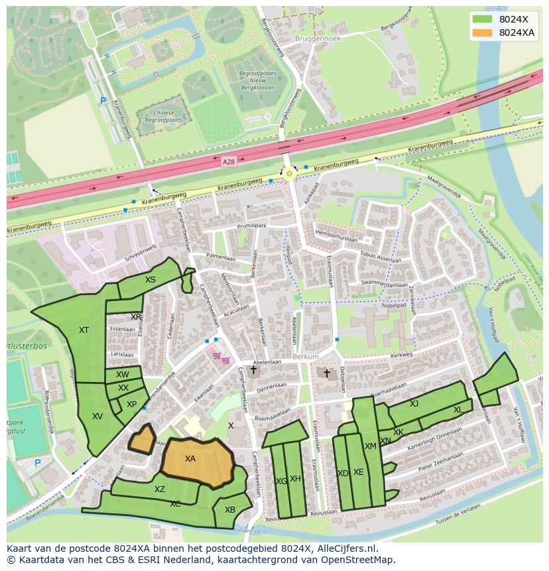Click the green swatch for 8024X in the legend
click(x=483, y=20)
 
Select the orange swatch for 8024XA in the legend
click(x=483, y=33)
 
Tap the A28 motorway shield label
click(x=229, y=161)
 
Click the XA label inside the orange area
click(x=190, y=459)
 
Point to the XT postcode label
click(x=84, y=330)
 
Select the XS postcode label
click(x=151, y=280)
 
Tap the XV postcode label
click(x=97, y=416)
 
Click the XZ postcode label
click(x=160, y=489)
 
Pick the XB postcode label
click(x=230, y=510)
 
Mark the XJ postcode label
click(x=414, y=404)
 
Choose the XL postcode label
click(x=458, y=410)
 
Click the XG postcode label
click(x=281, y=481)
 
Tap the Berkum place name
click(x=306, y=357)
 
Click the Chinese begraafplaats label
click(x=163, y=117)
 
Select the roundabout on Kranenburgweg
click(x=289, y=174)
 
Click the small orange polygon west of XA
click(x=142, y=438)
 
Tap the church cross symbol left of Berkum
click(x=253, y=370)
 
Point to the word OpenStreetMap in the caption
click(x=361, y=560)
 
